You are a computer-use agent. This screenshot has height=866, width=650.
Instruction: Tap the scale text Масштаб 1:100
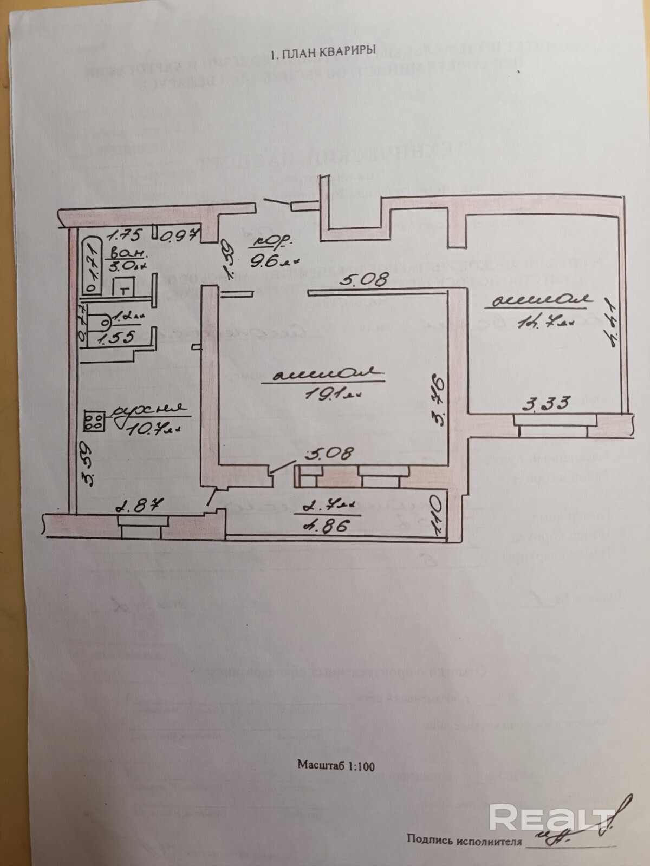[336, 765]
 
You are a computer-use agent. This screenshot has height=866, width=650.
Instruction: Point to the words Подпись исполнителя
[464, 841]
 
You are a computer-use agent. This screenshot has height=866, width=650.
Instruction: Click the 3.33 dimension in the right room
[547, 403]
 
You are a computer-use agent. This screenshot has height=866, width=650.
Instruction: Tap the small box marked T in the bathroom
[124, 288]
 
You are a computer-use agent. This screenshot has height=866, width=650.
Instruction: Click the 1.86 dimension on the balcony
[325, 526]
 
